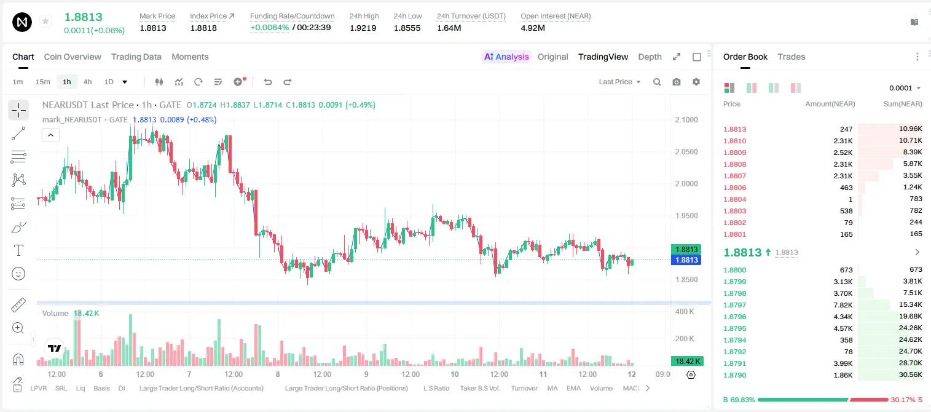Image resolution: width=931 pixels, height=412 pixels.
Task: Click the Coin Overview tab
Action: tap(73, 57)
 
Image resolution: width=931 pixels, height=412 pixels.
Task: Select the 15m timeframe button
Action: tap(43, 82)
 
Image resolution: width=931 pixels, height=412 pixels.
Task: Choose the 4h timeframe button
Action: tap(87, 82)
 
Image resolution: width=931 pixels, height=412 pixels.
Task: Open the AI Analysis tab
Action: tap(506, 57)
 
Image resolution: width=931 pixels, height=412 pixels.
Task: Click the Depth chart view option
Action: tap(650, 57)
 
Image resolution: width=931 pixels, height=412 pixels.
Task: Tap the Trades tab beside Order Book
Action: tap(792, 57)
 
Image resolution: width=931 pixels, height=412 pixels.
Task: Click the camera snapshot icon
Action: tap(677, 82)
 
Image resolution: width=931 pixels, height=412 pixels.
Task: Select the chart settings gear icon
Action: tap(696, 82)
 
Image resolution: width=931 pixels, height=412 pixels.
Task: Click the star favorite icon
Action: tap(45, 21)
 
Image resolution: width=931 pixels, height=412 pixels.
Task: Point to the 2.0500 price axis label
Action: tap(686, 152)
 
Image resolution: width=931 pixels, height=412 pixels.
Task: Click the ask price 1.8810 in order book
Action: tap(734, 141)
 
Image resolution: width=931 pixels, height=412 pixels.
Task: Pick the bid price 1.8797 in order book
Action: tap(734, 305)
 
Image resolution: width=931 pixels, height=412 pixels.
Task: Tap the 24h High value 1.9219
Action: tap(363, 28)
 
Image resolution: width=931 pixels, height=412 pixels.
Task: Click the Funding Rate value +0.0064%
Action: tap(269, 28)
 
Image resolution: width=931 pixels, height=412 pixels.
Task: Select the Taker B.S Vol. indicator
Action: tap(479, 388)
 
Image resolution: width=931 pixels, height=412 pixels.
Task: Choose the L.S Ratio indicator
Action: tap(436, 388)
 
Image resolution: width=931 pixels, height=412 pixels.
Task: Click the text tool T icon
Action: tap(18, 250)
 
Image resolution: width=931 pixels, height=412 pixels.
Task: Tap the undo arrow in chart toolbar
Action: tap(268, 82)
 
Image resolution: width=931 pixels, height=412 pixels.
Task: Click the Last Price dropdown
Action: tap(619, 82)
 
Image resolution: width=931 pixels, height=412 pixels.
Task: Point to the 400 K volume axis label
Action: tap(685, 311)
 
